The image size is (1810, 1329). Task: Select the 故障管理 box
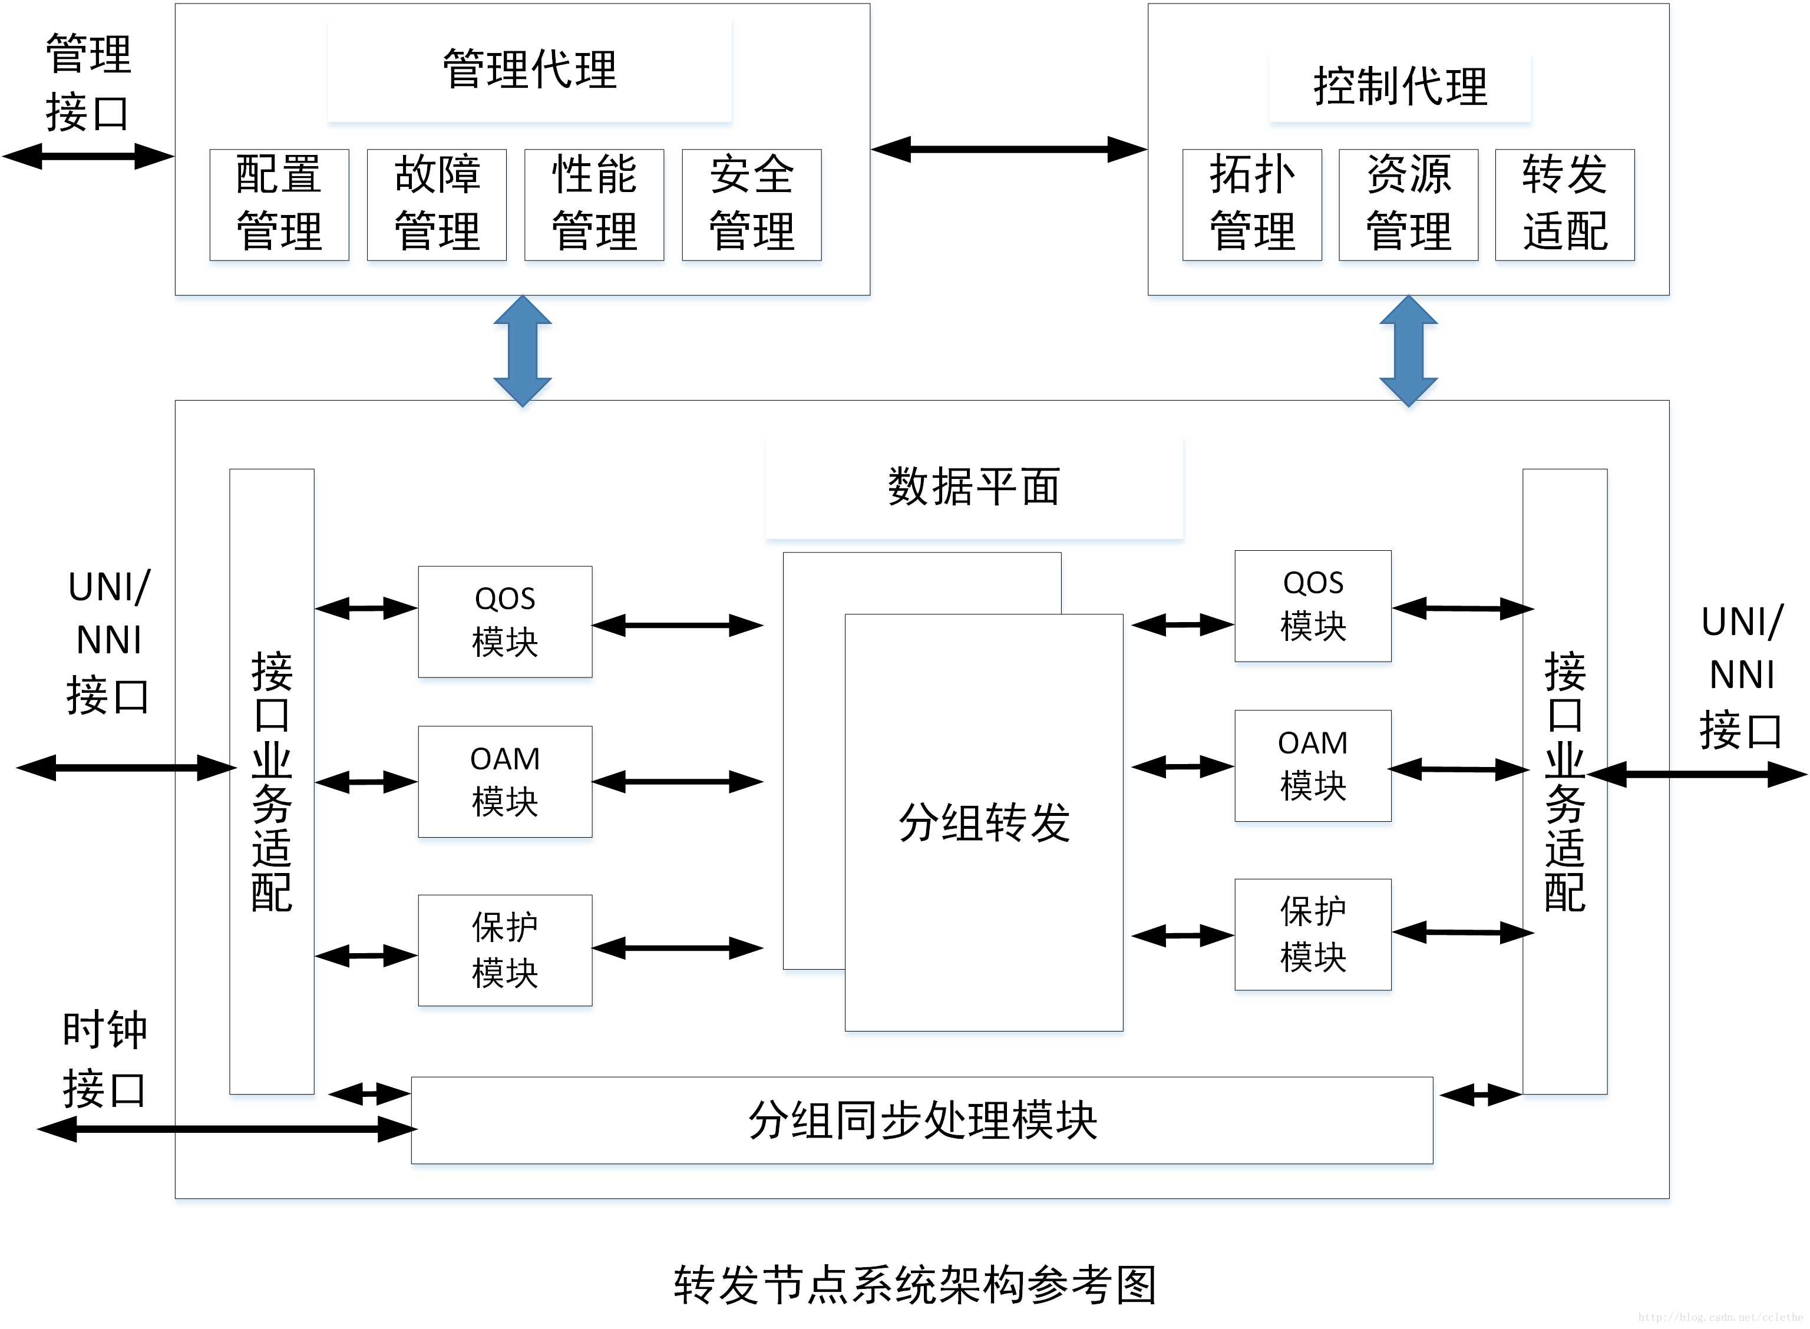click(x=436, y=204)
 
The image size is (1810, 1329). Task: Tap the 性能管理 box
click(x=594, y=204)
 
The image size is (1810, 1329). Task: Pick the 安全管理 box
click(x=751, y=204)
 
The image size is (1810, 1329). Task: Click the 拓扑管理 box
click(x=1251, y=204)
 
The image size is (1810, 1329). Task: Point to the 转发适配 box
click(x=1565, y=204)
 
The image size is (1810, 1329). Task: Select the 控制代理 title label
click(x=1400, y=87)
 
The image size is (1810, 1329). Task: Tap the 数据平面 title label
click(x=973, y=487)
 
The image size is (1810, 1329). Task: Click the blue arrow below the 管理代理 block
click(x=522, y=351)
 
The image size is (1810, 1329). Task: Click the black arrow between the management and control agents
click(x=1009, y=149)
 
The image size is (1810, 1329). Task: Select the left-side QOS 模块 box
click(x=504, y=621)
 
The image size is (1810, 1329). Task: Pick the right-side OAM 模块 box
click(x=1313, y=765)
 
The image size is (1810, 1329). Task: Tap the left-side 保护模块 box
click(x=504, y=950)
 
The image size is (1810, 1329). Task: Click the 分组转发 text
click(x=984, y=823)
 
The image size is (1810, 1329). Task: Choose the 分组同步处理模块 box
click(x=922, y=1120)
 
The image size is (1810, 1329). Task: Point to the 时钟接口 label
click(x=104, y=1060)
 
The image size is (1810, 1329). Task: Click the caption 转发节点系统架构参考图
click(x=914, y=1284)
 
